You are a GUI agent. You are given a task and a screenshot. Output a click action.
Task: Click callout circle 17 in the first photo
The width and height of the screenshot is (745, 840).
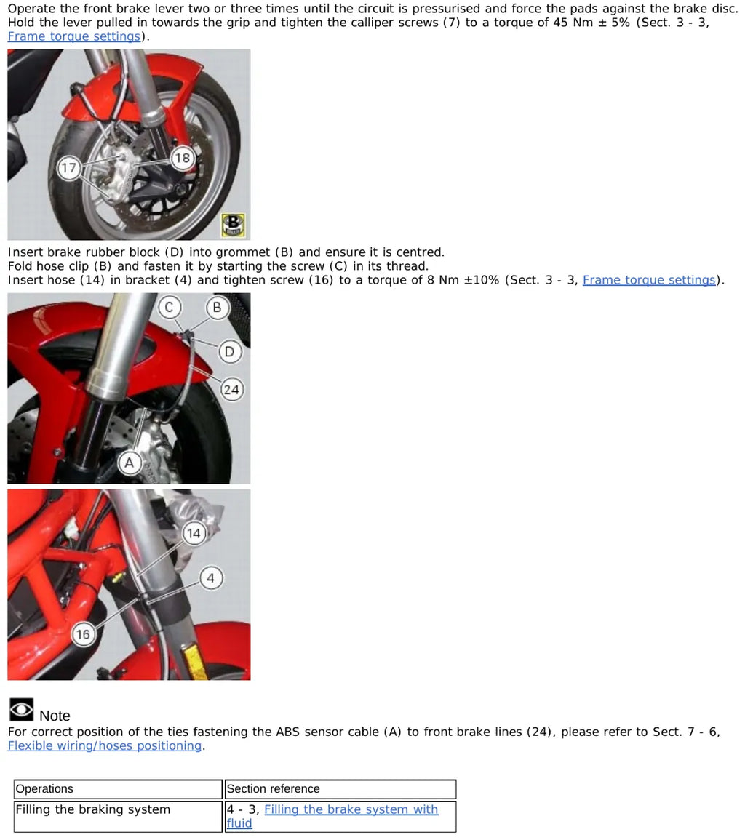[x=68, y=168]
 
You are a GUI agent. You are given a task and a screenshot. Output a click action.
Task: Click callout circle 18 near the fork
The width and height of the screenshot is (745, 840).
[x=182, y=158]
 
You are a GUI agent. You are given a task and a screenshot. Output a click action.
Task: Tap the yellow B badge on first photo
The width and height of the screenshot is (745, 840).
[x=233, y=225]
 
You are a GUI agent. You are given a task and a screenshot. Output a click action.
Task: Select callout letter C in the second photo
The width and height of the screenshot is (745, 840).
[x=170, y=307]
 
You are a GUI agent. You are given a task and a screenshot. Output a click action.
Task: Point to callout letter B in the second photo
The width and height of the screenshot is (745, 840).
[x=217, y=307]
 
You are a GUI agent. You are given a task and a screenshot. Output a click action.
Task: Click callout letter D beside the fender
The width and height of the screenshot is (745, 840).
[x=229, y=351]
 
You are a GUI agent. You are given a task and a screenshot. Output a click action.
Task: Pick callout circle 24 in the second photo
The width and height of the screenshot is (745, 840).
[x=231, y=390]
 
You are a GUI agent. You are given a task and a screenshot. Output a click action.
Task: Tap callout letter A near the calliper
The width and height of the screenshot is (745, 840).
[x=130, y=463]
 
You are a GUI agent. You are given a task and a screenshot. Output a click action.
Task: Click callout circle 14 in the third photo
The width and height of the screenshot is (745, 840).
[x=194, y=533]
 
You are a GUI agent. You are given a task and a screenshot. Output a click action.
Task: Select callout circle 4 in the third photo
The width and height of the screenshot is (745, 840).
[x=211, y=578]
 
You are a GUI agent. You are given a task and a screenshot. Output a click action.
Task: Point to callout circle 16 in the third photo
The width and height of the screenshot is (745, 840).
[x=83, y=634]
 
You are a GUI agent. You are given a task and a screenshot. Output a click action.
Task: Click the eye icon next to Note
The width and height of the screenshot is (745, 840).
[x=21, y=710]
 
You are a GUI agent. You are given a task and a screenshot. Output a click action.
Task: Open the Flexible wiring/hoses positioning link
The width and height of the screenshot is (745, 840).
[x=105, y=745]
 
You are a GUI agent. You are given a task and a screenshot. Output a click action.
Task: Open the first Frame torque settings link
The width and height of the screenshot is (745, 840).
[x=74, y=36]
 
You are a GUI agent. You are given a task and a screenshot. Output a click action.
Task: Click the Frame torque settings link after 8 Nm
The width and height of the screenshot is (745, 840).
[x=649, y=280]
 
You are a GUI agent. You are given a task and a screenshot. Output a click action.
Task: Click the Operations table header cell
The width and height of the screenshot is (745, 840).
[x=118, y=789]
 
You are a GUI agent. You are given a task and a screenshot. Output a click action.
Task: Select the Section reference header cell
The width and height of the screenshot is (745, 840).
[x=340, y=789]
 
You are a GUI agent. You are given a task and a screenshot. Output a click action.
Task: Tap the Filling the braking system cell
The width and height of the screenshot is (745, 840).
[x=118, y=817]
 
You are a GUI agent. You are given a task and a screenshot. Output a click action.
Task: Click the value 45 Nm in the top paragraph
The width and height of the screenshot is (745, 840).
[x=573, y=23]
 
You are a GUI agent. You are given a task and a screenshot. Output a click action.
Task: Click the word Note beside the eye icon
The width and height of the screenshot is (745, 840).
[x=55, y=716]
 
